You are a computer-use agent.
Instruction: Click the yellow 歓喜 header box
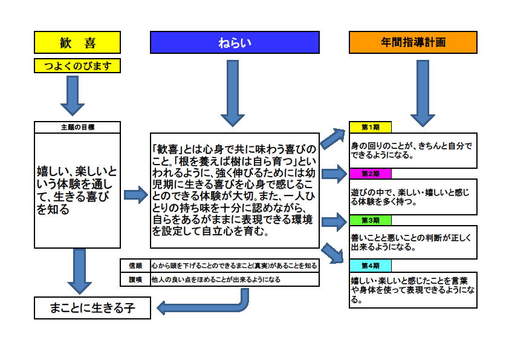[77, 42]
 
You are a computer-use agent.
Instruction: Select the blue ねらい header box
[235, 42]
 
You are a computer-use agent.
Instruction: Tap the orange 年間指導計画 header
[413, 42]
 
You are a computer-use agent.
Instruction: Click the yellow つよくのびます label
[77, 65]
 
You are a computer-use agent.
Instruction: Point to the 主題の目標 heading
[77, 127]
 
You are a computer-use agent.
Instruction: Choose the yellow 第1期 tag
[371, 127]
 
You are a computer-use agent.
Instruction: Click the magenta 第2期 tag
[371, 174]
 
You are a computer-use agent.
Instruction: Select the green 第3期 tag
[371, 220]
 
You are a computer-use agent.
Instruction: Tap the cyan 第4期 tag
[371, 266]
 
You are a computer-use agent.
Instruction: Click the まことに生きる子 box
[92, 308]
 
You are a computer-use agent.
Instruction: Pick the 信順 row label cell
[135, 266]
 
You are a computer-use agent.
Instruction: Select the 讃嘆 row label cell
[135, 280]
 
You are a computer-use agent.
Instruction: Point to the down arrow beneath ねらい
[232, 93]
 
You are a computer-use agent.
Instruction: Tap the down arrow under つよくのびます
[73, 96]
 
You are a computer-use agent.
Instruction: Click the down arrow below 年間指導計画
[423, 93]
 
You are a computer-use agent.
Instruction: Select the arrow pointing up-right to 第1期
[333, 138]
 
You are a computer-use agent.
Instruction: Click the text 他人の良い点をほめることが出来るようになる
[216, 280]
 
